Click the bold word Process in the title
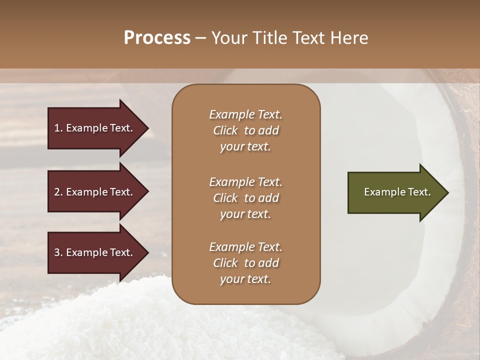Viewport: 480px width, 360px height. pyautogui.click(x=157, y=38)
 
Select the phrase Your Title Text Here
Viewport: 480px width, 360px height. pyautogui.click(x=290, y=38)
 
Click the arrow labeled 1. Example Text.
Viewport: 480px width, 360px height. pyautogui.click(x=95, y=128)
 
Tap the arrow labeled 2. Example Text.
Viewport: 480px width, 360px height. pyautogui.click(x=95, y=192)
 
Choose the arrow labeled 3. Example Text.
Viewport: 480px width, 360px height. pyautogui.click(x=95, y=252)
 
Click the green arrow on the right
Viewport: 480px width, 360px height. pyautogui.click(x=395, y=192)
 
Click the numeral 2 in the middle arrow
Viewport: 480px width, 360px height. pyautogui.click(x=56, y=192)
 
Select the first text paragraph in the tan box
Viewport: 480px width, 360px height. pyautogui.click(x=245, y=130)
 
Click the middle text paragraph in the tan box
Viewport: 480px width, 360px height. pyautogui.click(x=245, y=197)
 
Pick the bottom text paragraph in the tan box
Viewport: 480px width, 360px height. pyautogui.click(x=245, y=263)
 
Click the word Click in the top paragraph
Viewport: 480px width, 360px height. pyautogui.click(x=225, y=130)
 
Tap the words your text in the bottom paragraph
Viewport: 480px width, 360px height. pyautogui.click(x=245, y=279)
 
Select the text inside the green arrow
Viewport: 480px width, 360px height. pyautogui.click(x=397, y=192)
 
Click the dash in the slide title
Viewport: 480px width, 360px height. pyautogui.click(x=201, y=38)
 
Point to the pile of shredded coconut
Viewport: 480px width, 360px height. pyautogui.click(x=150, y=325)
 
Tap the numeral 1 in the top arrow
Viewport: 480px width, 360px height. pyautogui.click(x=56, y=128)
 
